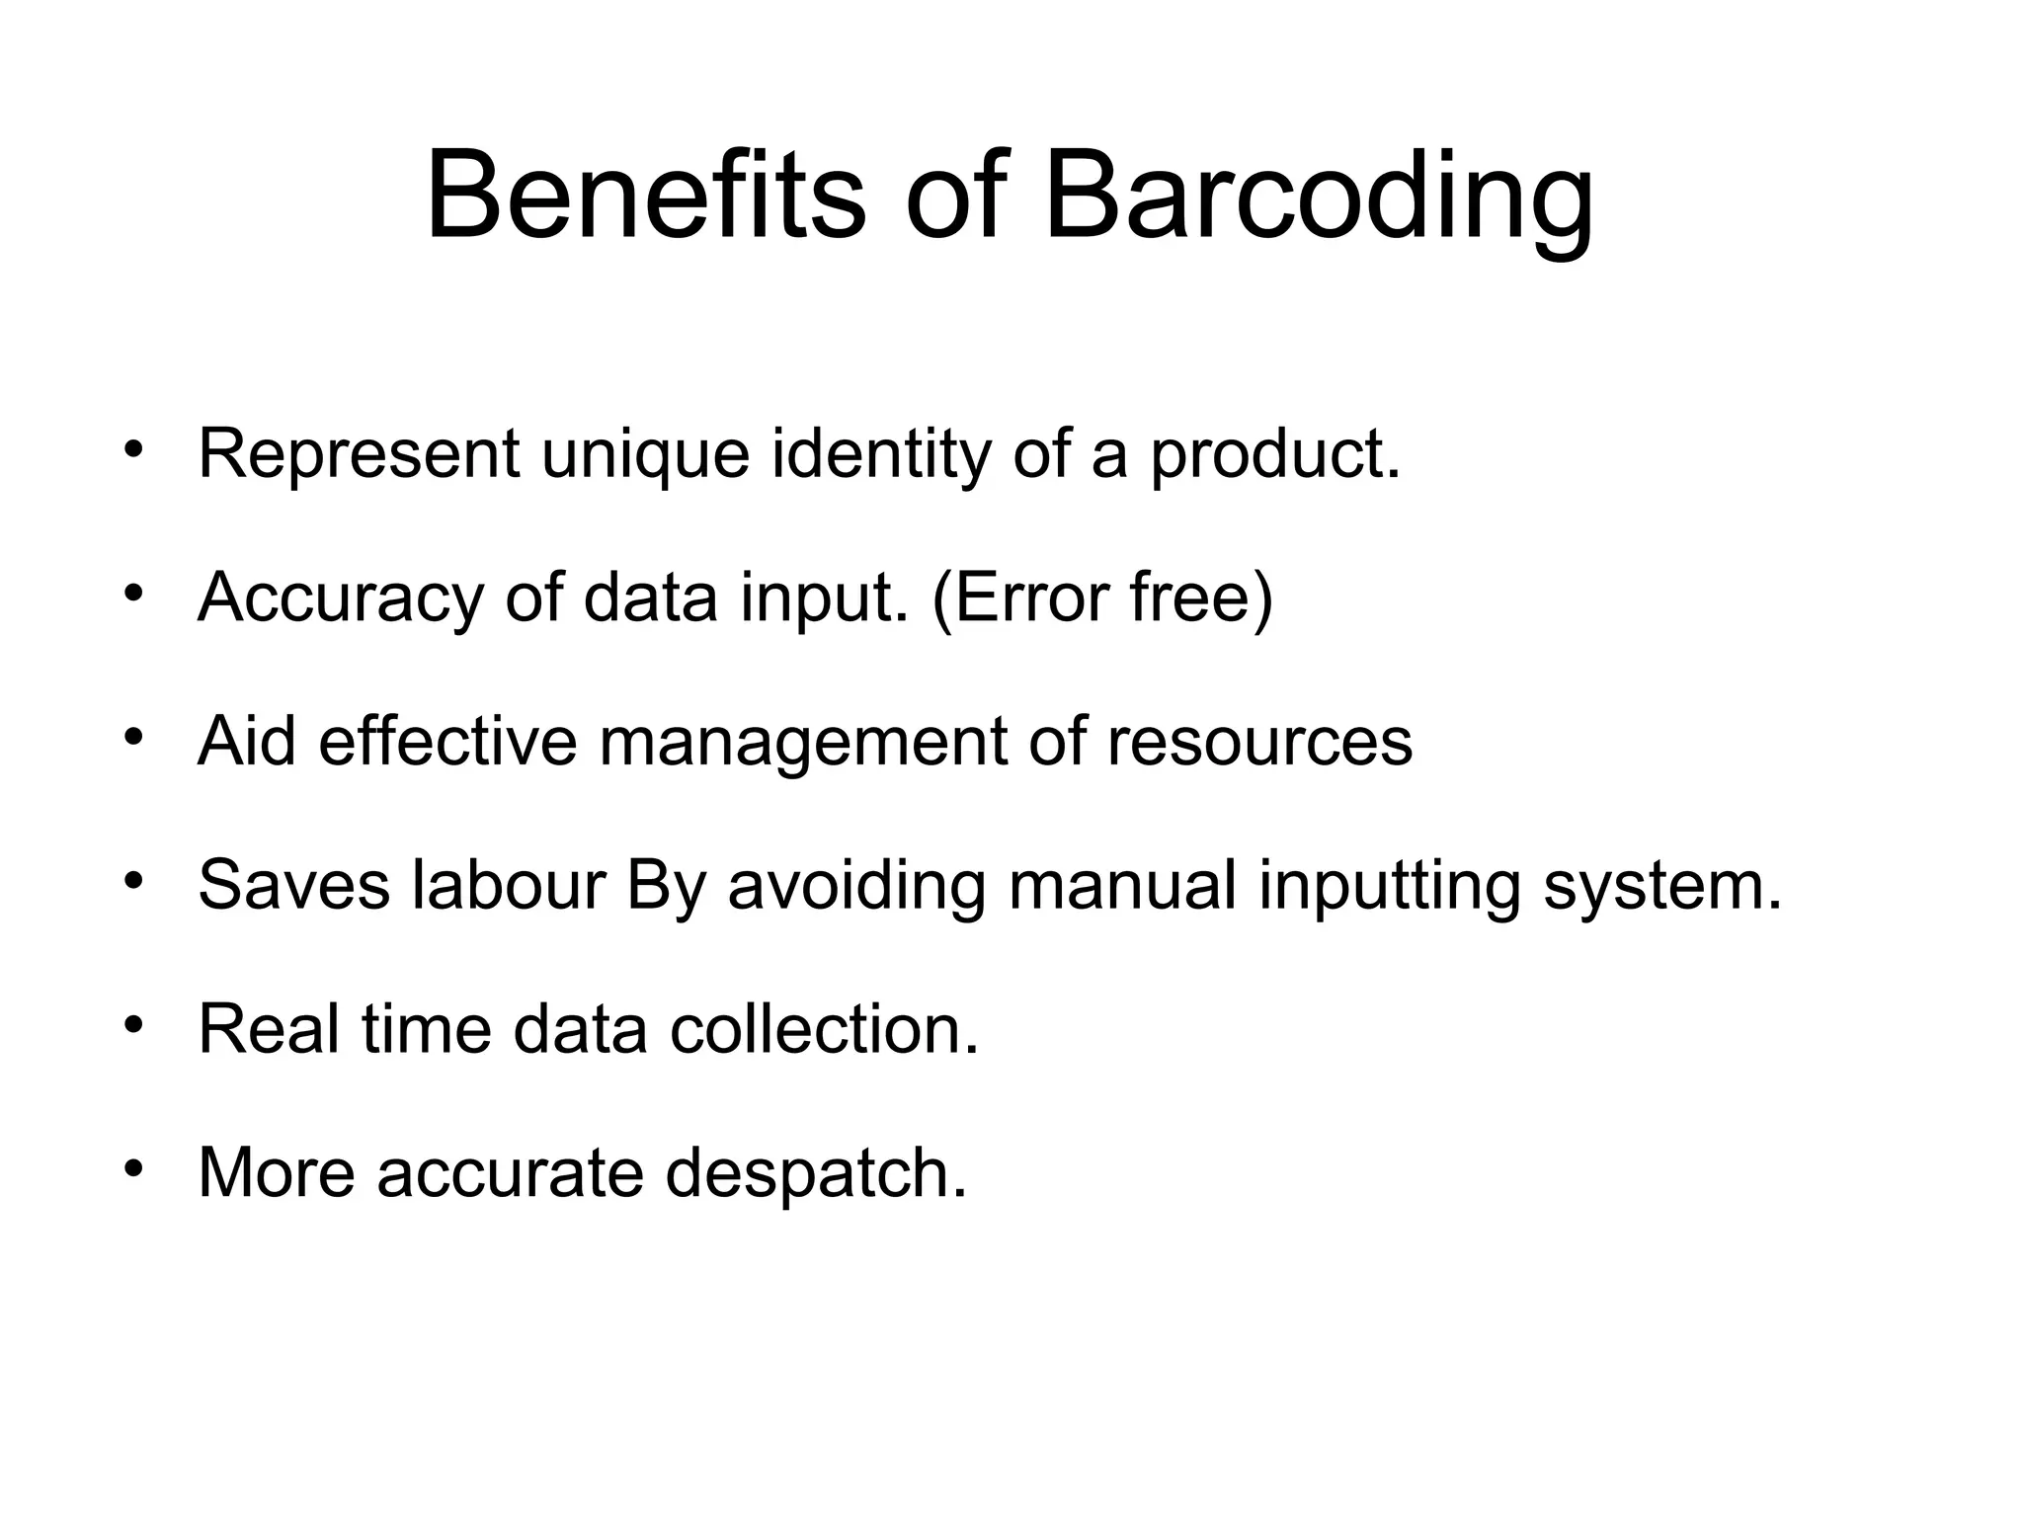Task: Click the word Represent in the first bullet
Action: click(x=359, y=454)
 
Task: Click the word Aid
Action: click(x=247, y=741)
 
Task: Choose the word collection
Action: click(x=824, y=1029)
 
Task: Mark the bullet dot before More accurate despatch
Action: click(x=134, y=1168)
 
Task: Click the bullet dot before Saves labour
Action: click(x=134, y=880)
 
